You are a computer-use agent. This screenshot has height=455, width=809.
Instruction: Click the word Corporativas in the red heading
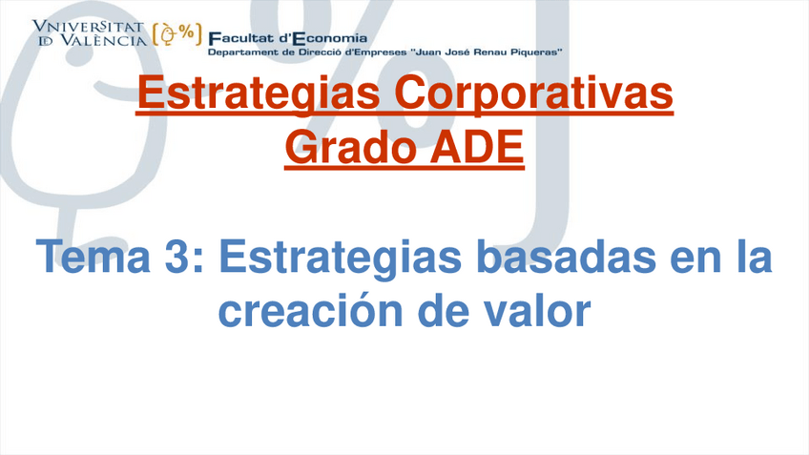click(x=533, y=93)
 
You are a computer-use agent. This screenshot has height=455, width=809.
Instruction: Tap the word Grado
click(x=350, y=147)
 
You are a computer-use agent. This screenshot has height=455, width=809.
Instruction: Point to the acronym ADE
click(x=477, y=147)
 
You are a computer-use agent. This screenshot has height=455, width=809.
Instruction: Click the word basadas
click(x=566, y=256)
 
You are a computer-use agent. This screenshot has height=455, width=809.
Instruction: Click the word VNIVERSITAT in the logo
click(x=88, y=27)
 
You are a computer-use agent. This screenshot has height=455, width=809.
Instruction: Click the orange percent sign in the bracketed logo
click(x=187, y=32)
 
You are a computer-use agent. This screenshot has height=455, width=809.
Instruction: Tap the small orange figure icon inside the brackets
click(x=168, y=34)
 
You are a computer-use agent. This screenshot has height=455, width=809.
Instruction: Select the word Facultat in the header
click(x=241, y=38)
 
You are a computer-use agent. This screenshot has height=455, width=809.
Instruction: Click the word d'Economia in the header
click(x=323, y=38)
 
